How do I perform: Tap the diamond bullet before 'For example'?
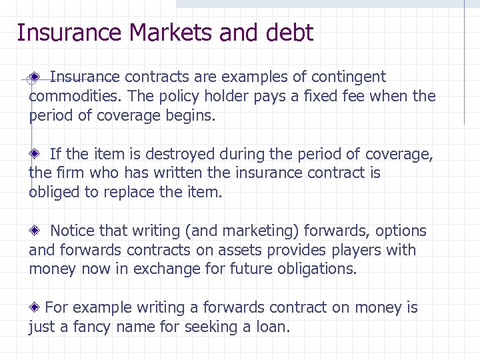click(35, 308)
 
